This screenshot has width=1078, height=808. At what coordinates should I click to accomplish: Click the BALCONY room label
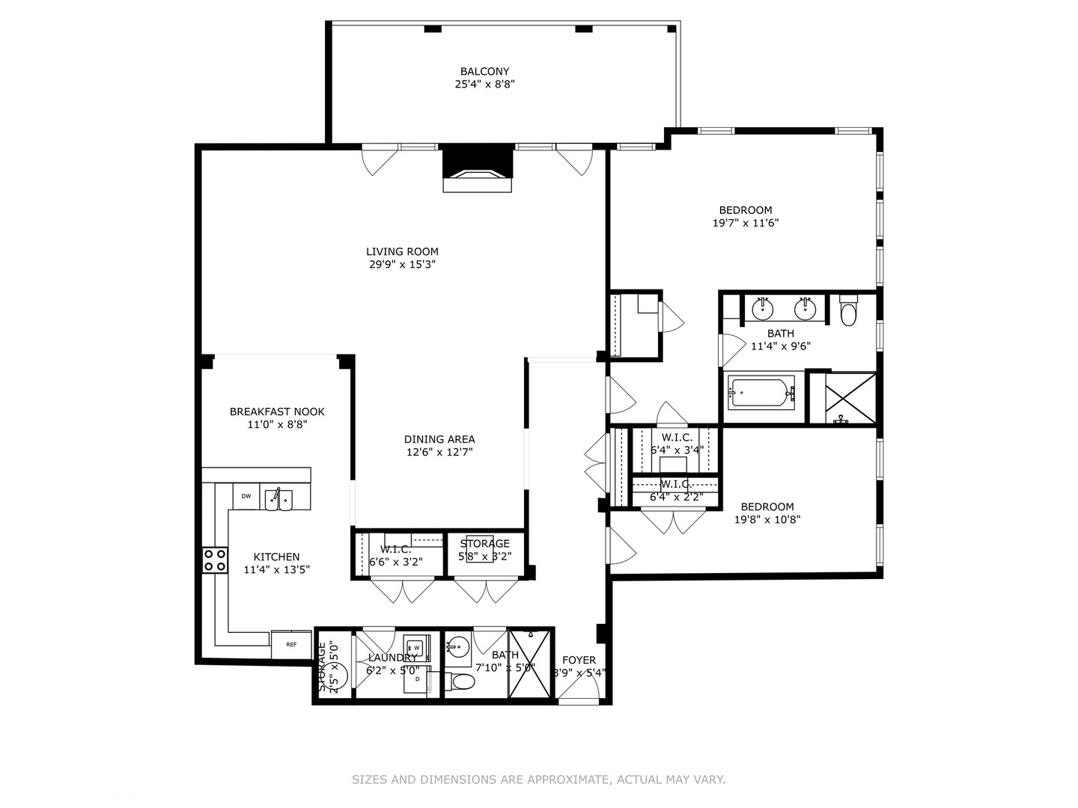484,72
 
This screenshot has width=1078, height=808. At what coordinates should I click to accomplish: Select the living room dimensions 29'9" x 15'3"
402,265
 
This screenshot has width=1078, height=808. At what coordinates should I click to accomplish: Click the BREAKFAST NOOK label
277,411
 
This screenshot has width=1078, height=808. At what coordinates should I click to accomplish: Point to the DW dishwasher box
246,497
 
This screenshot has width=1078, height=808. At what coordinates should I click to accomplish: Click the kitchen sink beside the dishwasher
278,500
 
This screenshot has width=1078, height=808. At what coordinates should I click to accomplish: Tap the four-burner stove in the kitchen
216,560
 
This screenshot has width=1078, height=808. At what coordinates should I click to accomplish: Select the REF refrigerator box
291,644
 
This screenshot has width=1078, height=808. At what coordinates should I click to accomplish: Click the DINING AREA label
439,439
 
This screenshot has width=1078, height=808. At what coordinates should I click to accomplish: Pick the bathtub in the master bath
761,393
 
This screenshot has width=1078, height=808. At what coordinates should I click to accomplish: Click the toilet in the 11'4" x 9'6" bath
848,312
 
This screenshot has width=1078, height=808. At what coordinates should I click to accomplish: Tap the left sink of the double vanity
763,307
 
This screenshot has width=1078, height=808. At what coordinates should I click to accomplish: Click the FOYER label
579,660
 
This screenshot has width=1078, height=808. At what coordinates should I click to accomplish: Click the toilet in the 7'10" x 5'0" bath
463,682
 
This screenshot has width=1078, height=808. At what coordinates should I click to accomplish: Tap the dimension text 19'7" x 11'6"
746,223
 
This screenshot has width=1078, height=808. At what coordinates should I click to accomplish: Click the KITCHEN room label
276,557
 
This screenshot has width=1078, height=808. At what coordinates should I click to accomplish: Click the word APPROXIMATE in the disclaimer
568,780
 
